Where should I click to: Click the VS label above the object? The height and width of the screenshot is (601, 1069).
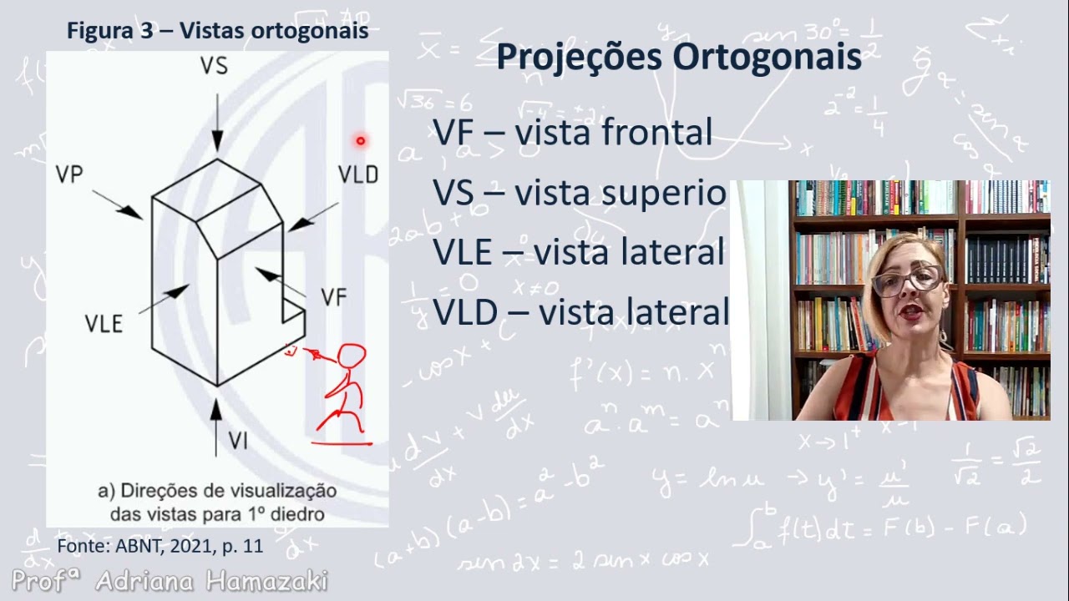pos(215,66)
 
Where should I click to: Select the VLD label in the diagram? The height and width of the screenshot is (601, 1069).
pos(357,174)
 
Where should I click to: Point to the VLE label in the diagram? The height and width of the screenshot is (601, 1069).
pos(104,324)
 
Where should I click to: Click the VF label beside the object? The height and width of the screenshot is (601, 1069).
pos(332,297)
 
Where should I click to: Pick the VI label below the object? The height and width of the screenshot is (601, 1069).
pos(239,441)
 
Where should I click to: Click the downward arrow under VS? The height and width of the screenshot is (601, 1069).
pos(216,121)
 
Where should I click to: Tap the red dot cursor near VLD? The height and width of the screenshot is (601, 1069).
pos(361,141)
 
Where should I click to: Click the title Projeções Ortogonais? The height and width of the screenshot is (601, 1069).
pos(678,58)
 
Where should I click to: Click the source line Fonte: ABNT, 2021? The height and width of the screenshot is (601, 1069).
pos(160,547)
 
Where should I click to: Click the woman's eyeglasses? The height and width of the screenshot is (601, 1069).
pos(906,280)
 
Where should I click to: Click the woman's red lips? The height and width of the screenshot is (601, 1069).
pos(911,310)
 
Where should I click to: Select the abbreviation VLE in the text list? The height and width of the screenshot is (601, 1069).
pos(466,252)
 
